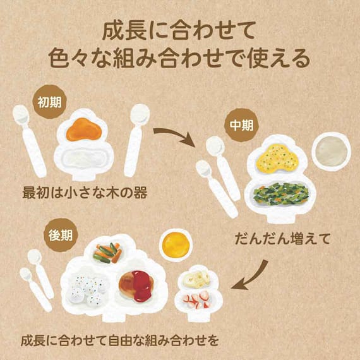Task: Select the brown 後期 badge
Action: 61,235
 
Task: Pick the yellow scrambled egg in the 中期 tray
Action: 278,158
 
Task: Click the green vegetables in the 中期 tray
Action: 281,193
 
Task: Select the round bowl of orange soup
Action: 176,245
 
